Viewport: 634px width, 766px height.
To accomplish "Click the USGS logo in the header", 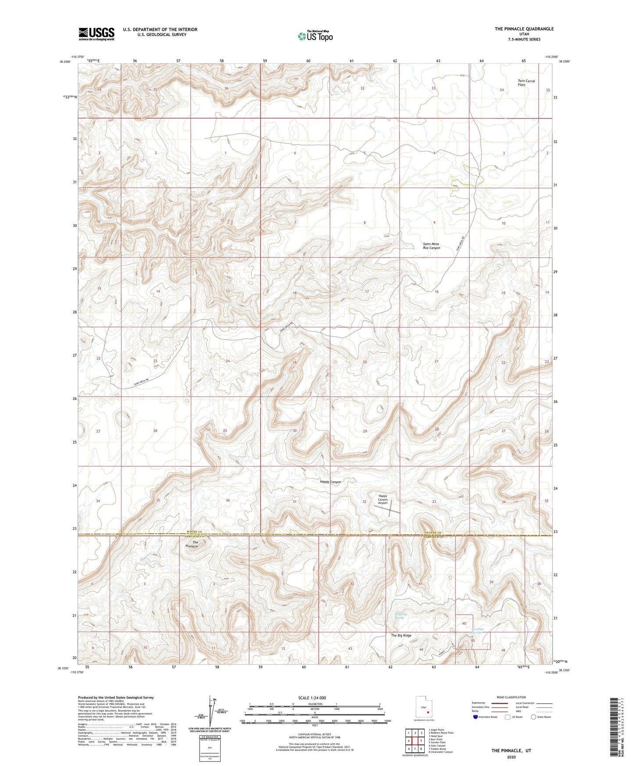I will tap(97, 34).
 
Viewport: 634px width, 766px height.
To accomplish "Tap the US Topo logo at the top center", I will tap(315, 36).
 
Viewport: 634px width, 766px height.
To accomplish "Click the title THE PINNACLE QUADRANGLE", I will tap(524, 29).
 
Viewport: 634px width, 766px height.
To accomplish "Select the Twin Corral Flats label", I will tap(526, 82).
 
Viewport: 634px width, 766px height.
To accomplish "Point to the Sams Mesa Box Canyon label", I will tap(431, 246).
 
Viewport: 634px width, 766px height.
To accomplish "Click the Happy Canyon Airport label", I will tap(383, 499).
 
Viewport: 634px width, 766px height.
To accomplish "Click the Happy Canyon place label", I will tap(330, 482).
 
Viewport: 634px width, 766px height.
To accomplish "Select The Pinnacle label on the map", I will tap(192, 544).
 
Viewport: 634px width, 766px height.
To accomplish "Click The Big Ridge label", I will tap(401, 635).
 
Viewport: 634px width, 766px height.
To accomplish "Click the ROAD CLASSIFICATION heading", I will tap(512, 697).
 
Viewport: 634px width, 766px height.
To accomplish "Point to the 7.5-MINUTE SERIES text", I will tap(524, 39).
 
